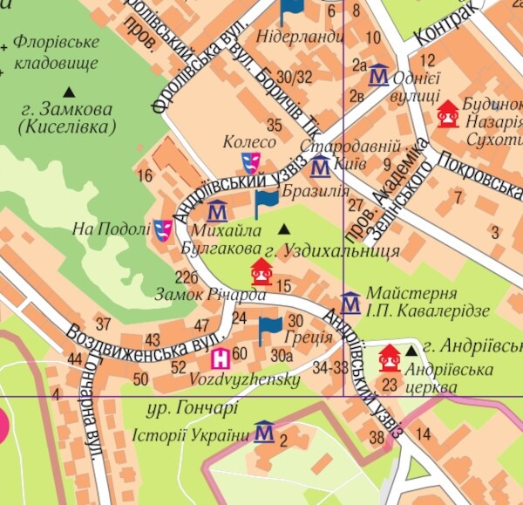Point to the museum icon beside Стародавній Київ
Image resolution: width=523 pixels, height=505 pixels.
pos(320,166)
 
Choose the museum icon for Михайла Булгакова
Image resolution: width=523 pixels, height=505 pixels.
pos(217,210)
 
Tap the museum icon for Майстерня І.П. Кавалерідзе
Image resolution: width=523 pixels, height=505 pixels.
pos(350,304)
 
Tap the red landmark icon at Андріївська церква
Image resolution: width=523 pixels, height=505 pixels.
pos(389,358)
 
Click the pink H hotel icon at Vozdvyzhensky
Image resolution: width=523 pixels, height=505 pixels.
pos(221,356)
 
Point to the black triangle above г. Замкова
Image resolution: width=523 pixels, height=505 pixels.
pos(68,91)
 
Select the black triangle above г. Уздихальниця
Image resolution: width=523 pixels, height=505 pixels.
pos(283,229)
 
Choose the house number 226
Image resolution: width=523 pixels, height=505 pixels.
pos(187,277)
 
